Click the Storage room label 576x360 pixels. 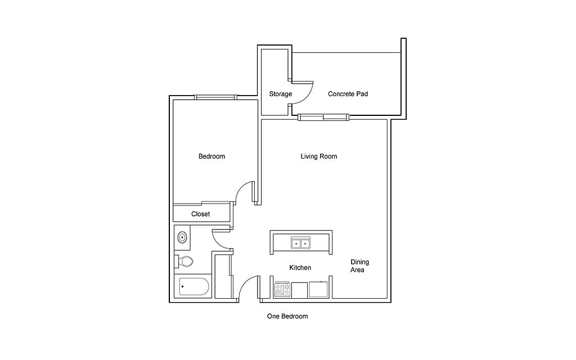[280, 94]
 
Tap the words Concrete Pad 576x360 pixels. [348, 94]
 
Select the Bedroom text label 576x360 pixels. [211, 156]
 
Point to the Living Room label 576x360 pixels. [319, 156]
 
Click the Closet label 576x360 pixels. [200, 214]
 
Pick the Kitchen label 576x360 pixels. [300, 268]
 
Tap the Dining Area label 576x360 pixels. [359, 266]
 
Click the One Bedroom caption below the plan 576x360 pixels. [287, 317]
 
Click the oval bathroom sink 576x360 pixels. [182, 237]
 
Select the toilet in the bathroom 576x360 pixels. [185, 262]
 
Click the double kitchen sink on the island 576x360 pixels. [300, 243]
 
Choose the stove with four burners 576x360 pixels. [282, 290]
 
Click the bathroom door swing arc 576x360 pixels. [222, 239]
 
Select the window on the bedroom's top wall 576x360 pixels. [216, 97]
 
